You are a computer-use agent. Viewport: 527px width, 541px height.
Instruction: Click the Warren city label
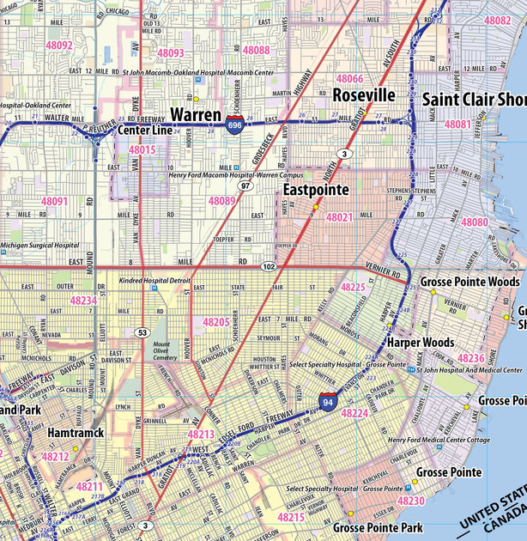[x=197, y=114]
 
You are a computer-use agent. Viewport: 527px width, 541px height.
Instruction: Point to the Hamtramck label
[x=76, y=434]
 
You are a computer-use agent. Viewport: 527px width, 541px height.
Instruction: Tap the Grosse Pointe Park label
[x=378, y=526]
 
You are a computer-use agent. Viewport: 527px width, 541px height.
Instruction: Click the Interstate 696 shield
[x=234, y=126]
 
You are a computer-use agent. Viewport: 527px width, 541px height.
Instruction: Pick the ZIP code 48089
[x=221, y=200]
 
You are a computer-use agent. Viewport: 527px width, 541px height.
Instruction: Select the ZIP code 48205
[x=215, y=321]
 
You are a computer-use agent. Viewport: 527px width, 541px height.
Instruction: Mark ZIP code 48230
[x=411, y=501]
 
